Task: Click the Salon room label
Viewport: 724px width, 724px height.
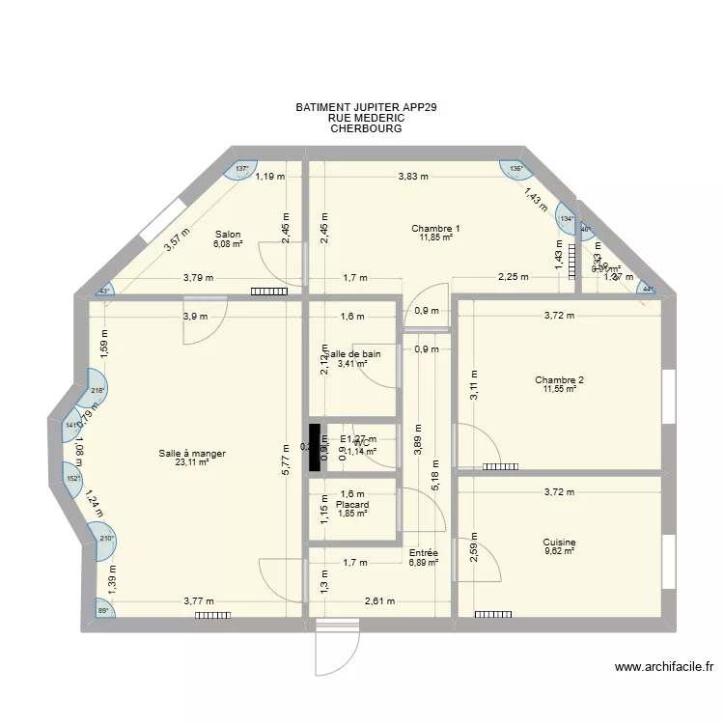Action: point(228,234)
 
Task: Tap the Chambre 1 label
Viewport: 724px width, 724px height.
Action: point(435,229)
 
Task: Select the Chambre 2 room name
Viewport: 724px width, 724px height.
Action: point(559,379)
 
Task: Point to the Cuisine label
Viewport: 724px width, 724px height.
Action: point(559,543)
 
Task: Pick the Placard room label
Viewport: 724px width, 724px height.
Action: point(352,504)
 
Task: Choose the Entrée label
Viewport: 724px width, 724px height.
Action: point(423,552)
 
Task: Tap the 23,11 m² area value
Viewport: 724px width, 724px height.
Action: point(193,462)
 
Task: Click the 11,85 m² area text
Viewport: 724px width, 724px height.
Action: point(435,238)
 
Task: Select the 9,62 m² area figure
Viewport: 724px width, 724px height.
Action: point(559,552)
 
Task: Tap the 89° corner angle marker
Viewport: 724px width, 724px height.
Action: point(102,609)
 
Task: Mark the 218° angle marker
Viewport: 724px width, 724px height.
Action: point(97,391)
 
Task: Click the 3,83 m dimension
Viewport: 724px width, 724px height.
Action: point(414,177)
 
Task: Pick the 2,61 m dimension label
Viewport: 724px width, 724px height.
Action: point(379,601)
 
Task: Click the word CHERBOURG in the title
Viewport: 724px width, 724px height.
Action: point(366,128)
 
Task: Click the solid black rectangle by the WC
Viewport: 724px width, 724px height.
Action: point(314,447)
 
